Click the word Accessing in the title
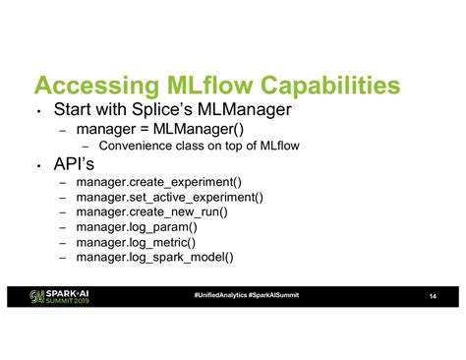coord(96,86)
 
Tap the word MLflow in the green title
coord(209,85)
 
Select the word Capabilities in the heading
coord(330,86)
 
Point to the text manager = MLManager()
coord(160,129)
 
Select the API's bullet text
coord(74,163)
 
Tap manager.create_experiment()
coord(159,182)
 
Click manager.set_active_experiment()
coord(169,198)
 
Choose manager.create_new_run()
coord(151,212)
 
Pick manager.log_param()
coord(137,227)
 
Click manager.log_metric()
coord(136,243)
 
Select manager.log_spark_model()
coord(154,258)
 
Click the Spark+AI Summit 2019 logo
coord(59,297)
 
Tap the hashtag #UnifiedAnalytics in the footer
coord(220,295)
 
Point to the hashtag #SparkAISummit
coord(273,295)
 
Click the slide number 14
coord(433,296)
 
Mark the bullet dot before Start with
coord(38,111)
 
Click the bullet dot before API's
coord(38,166)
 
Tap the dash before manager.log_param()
coord(63,228)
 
